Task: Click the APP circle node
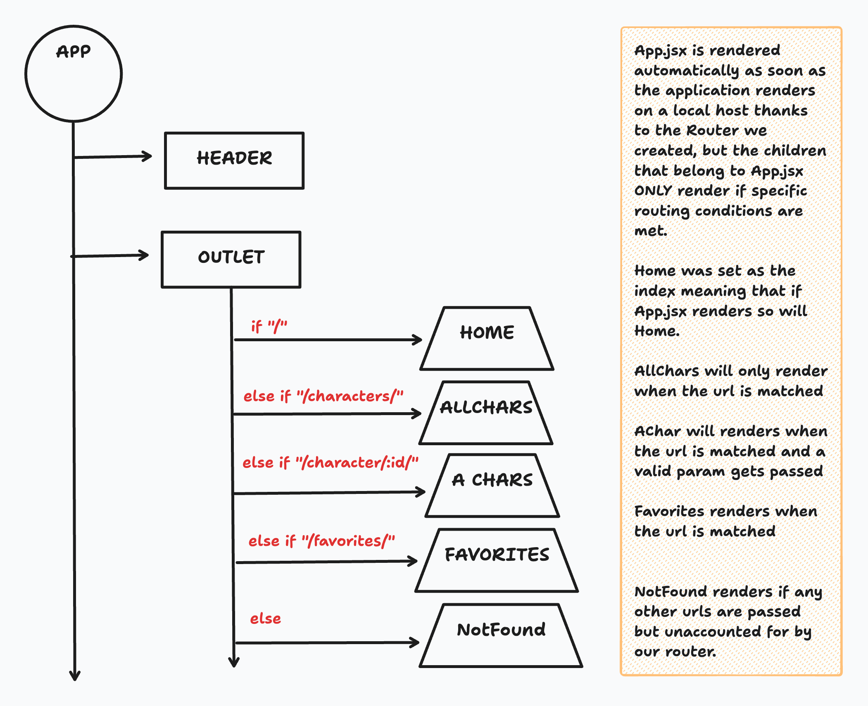click(x=74, y=74)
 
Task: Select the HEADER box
click(x=234, y=161)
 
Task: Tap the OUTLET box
click(x=231, y=259)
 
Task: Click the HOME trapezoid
click(x=487, y=339)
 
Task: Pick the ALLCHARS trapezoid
click(x=486, y=413)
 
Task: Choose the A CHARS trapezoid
click(x=492, y=486)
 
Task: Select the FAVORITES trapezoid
click(x=497, y=560)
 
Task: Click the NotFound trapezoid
click(x=501, y=635)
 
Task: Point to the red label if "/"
click(x=269, y=326)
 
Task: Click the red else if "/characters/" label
click(x=323, y=396)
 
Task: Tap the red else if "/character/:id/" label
click(x=330, y=463)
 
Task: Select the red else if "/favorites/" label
click(x=321, y=541)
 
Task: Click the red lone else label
click(x=265, y=619)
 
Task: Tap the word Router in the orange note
click(x=712, y=130)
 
